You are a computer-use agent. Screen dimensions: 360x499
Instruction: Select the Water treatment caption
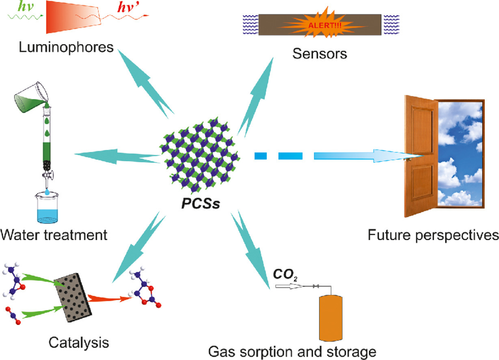pos(54,234)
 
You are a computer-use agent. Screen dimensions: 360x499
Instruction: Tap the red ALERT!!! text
pos(320,24)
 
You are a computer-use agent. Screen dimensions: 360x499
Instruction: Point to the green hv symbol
pos(15,6)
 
